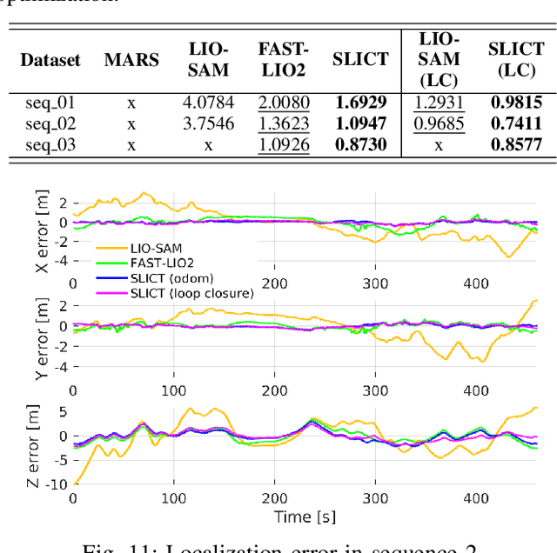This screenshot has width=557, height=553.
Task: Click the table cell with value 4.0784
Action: pos(208,103)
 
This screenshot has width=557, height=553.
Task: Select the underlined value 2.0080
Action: pos(283,103)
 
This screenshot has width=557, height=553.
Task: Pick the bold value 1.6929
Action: pos(360,103)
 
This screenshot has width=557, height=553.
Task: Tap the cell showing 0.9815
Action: pos(515,103)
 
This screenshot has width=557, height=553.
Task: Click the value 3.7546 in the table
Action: pos(208,123)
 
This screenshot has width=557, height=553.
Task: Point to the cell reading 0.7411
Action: pos(515,123)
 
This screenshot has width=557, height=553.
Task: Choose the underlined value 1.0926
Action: pos(283,144)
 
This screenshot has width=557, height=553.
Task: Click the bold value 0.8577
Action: pos(515,144)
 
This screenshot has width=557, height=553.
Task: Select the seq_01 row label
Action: pos(50,103)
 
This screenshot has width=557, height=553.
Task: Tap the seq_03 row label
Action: pos(50,144)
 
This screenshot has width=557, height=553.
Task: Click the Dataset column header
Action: pos(50,60)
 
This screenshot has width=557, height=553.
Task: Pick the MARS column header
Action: pos(131,60)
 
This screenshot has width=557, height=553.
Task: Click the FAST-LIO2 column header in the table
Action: pos(283,59)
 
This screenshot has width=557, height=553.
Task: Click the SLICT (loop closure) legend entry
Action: pos(192,293)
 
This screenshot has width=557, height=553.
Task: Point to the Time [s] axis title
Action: pos(304,517)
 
